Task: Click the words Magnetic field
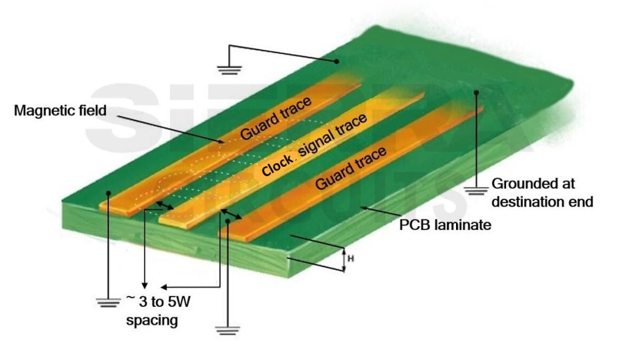tap(61, 111)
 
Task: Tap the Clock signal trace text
tap(314, 144)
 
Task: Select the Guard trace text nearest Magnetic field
tap(276, 118)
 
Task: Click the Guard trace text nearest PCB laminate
tap(350, 167)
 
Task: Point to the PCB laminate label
tap(445, 225)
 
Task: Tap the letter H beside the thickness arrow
tap(350, 259)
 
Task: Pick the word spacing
tap(152, 320)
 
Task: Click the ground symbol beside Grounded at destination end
tap(475, 191)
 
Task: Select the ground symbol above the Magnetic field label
tap(230, 71)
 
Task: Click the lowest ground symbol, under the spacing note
tap(227, 331)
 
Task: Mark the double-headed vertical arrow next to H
tap(344, 260)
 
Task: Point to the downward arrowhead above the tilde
tap(145, 285)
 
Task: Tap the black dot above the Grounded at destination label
tap(476, 92)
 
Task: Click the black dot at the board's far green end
tap(337, 62)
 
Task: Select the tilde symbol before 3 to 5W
tap(131, 297)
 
